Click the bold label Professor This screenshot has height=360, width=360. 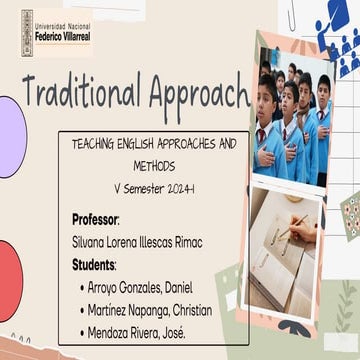(x=95, y=218)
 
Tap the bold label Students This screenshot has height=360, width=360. (x=94, y=264)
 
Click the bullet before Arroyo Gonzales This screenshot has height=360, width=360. (x=80, y=287)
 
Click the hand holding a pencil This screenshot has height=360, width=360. (x=295, y=230)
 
